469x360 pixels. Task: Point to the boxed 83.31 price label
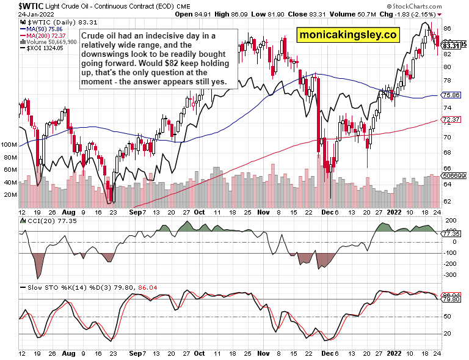coord(450,45)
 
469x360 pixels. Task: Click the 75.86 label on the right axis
coord(451,95)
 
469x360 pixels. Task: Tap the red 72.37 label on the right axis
coord(451,119)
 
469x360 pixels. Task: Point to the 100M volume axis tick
coord(9,145)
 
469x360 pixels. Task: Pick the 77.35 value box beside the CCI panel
coord(452,233)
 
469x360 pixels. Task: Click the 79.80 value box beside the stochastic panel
coord(452,299)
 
